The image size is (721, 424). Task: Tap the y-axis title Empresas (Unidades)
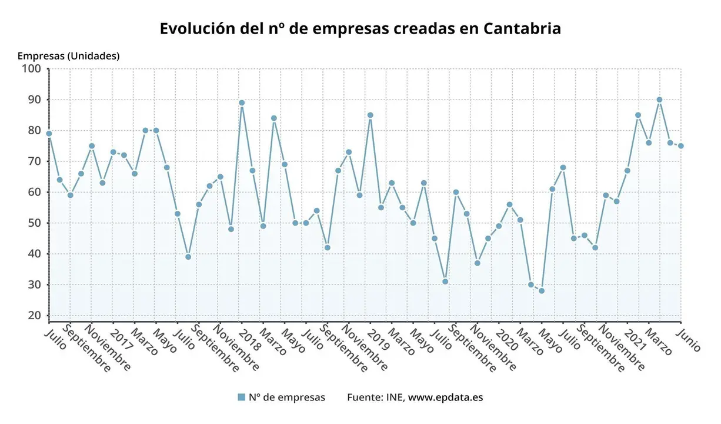coord(68,56)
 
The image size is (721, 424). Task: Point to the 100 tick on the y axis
coord(31,69)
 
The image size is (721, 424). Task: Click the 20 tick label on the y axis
coord(35,316)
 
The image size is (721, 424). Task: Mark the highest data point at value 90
coord(659,100)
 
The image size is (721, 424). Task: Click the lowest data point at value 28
coord(542,291)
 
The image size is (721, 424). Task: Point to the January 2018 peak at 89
coord(242,102)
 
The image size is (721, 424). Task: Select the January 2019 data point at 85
coord(370,115)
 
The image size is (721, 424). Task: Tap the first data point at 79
coord(49,134)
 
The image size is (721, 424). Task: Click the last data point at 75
coord(680,146)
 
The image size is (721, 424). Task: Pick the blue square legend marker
coord(241,397)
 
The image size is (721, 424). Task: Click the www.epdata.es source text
coord(445,397)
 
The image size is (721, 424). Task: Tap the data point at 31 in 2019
coord(445,281)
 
